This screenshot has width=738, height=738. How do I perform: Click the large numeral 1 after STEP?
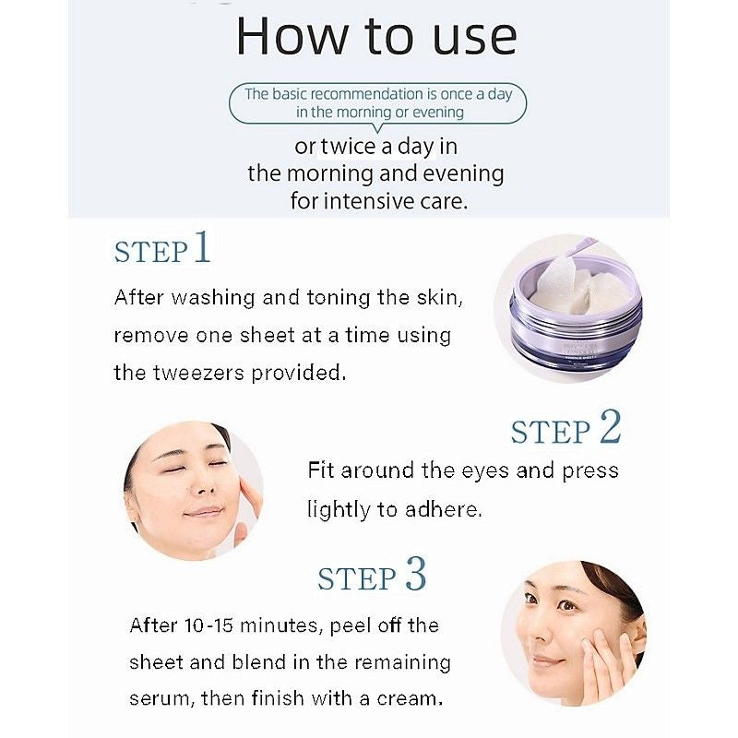click(202, 248)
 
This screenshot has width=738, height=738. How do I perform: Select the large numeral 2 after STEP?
click(610, 428)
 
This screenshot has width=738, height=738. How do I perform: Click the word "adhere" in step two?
click(448, 509)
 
